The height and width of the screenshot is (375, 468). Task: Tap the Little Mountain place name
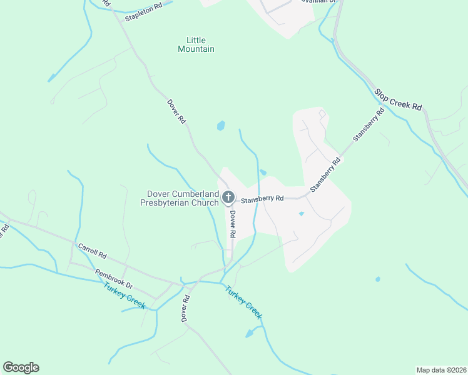(196, 44)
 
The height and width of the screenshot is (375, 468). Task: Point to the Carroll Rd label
(93, 252)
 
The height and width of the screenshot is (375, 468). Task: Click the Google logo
(21, 367)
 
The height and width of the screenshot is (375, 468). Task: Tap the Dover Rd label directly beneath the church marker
(231, 223)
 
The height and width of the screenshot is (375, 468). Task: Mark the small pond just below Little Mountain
(220, 126)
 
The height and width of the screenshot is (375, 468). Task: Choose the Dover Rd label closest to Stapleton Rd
(176, 111)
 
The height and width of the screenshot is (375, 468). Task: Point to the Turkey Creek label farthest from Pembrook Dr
(243, 302)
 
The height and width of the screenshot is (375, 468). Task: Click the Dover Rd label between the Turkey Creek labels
(185, 309)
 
